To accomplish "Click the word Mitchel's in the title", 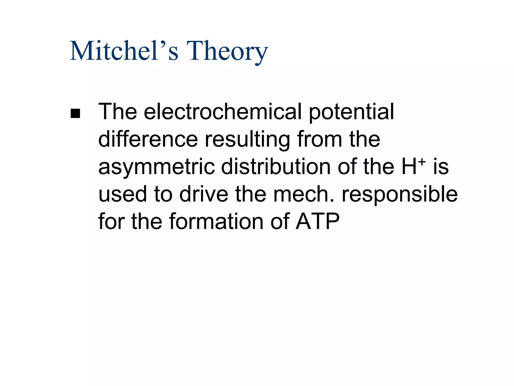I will (124, 51).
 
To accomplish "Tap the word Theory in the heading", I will (227, 52).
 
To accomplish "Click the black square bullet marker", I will (75, 113).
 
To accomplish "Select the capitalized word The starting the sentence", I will (117, 112).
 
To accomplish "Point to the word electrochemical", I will (223, 112).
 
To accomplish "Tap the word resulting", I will (247, 140).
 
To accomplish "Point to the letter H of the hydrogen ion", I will (409, 167).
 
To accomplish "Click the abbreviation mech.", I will (304, 194).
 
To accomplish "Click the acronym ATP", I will (317, 222).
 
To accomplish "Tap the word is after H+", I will (441, 167).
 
